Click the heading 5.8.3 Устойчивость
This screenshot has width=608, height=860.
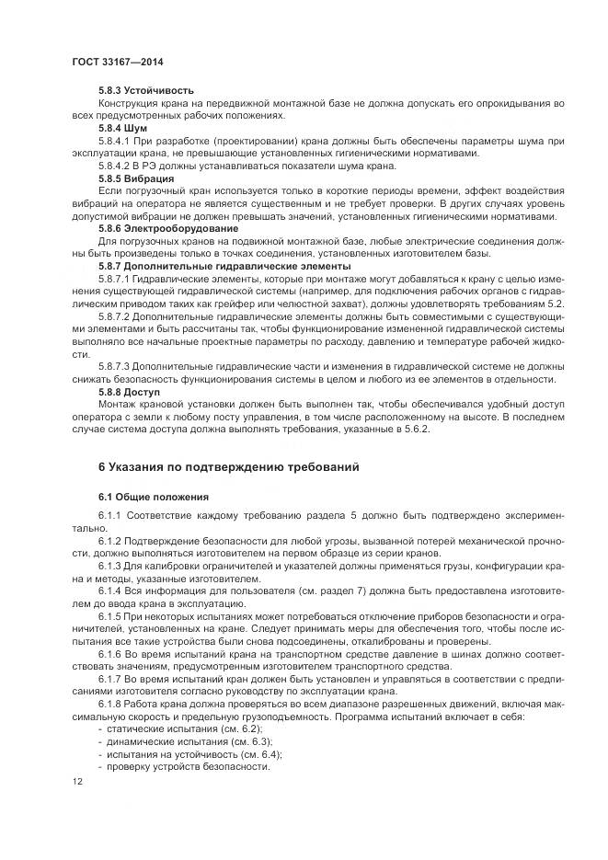(146, 92)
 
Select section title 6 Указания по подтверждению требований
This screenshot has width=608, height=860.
(228, 466)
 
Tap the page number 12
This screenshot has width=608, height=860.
(77, 782)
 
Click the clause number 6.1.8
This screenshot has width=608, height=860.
(111, 704)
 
